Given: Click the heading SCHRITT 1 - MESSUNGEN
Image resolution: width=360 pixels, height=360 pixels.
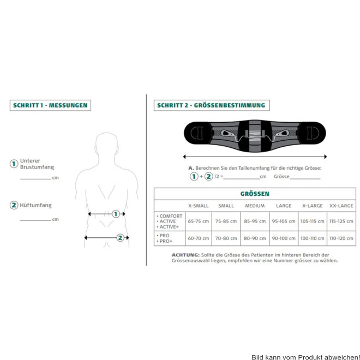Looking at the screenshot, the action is [x=50, y=105].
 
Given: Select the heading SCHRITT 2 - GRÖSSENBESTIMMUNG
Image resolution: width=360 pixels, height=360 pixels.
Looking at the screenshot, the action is [x=211, y=105].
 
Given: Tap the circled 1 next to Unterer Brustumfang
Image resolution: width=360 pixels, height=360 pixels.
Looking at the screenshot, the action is [x=14, y=164].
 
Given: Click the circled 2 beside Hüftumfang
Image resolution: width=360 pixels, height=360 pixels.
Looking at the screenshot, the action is [x=14, y=205].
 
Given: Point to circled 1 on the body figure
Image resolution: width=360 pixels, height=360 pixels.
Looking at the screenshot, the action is [x=116, y=214].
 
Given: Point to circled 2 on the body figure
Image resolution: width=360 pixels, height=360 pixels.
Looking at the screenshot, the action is [x=120, y=238].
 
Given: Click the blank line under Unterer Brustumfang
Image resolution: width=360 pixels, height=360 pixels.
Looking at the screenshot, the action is [x=35, y=179].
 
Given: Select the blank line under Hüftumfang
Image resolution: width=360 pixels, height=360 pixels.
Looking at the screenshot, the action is [x=35, y=220].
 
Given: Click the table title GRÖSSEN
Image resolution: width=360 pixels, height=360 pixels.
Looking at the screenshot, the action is [x=255, y=194].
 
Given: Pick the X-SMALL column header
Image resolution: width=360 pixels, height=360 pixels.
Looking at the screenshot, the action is [x=199, y=206].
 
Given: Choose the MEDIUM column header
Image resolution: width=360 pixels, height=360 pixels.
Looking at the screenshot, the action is [x=255, y=206].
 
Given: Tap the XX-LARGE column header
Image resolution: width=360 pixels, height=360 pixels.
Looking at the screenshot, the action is [x=341, y=206].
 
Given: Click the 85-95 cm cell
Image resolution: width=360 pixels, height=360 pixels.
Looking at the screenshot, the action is [x=255, y=221].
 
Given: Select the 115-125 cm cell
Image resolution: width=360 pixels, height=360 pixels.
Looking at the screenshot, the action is [x=341, y=221].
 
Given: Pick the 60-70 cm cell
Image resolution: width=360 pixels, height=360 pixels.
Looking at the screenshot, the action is [x=199, y=238].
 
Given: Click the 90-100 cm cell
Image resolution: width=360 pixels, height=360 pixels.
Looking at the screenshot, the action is [x=284, y=238].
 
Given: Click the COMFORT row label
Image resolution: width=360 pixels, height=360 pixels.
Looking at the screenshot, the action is [x=171, y=216].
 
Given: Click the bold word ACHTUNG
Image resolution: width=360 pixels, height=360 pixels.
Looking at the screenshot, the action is [x=185, y=255].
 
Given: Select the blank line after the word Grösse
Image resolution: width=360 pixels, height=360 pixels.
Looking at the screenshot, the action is [x=305, y=178].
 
